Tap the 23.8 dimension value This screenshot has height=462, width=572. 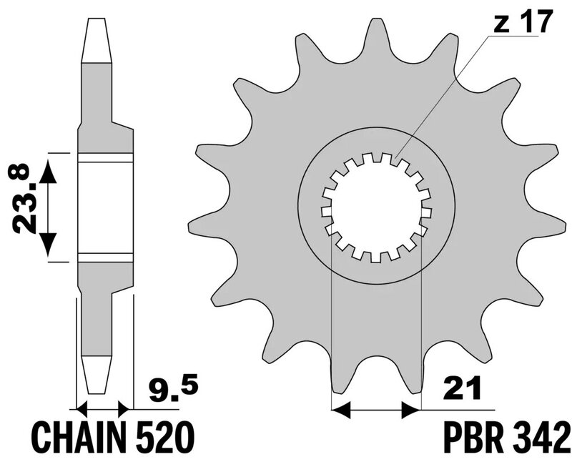24,198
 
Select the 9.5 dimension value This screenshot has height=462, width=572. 173,389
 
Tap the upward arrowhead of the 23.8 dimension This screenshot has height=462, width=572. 47,172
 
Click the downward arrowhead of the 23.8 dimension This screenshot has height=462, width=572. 47,245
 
